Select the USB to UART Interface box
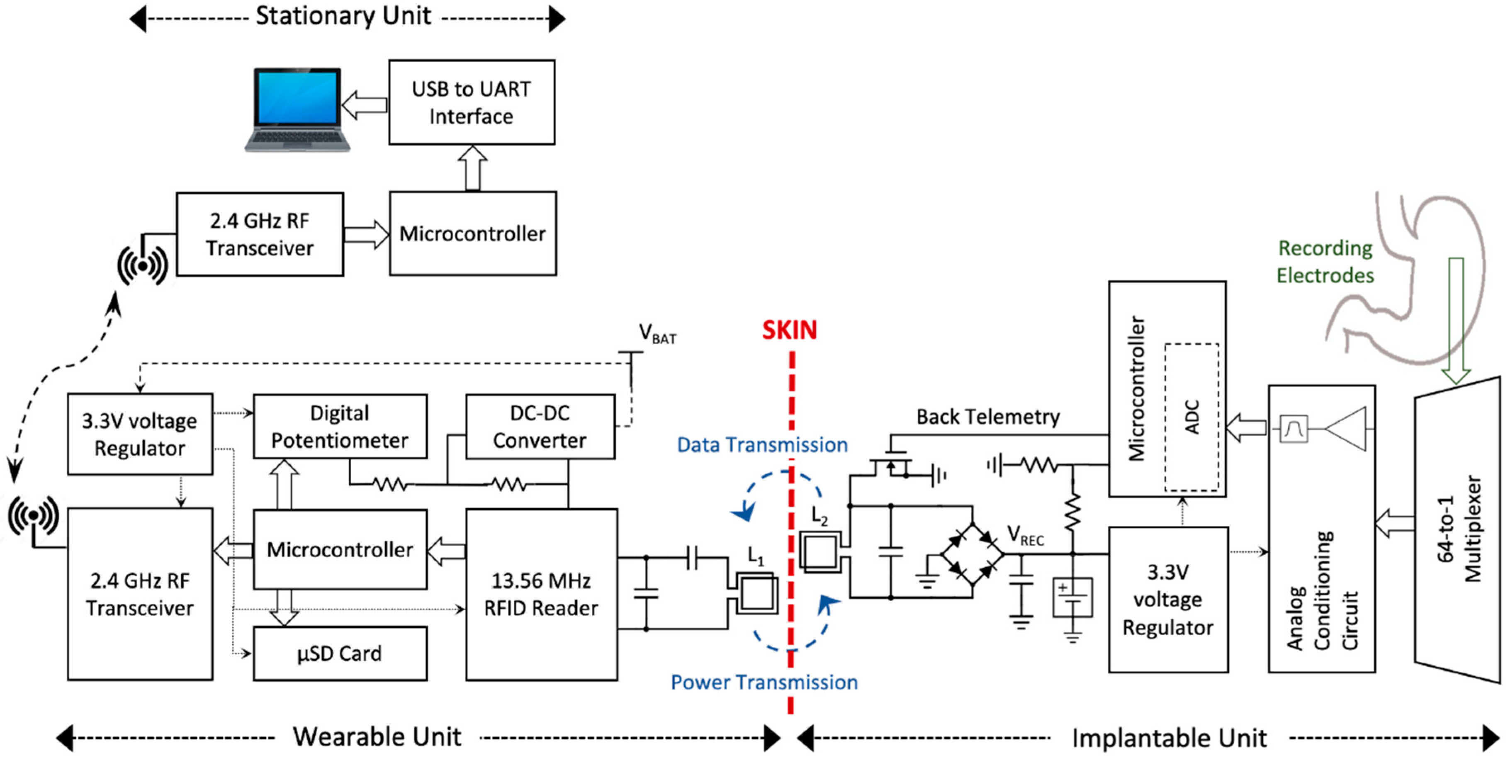pyautogui.click(x=471, y=102)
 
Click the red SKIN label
pyautogui.click(x=789, y=330)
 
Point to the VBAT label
pyautogui.click(x=657, y=334)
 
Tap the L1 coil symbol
pyautogui.click(x=757, y=594)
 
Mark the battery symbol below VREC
pyautogui.click(x=1072, y=598)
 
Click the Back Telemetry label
pyautogui.click(x=988, y=417)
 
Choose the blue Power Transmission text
pyautogui.click(x=764, y=682)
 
